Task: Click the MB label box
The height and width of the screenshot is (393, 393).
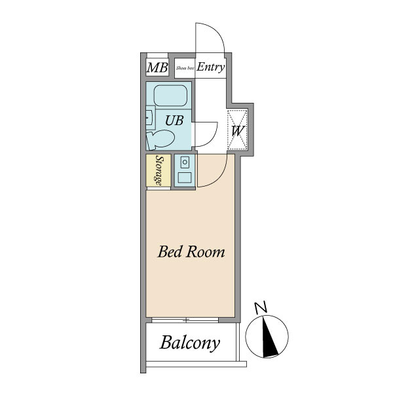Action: (157, 67)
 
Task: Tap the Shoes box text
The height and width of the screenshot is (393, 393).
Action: (185, 68)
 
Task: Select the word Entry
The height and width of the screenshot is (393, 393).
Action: (210, 67)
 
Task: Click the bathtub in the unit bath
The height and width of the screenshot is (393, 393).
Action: (170, 96)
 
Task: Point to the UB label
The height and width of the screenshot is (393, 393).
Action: (174, 121)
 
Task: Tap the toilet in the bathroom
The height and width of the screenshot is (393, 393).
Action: (160, 140)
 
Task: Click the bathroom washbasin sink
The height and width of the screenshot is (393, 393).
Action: (151, 117)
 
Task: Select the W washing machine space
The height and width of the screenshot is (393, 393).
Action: (237, 130)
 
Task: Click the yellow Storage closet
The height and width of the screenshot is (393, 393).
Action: (159, 170)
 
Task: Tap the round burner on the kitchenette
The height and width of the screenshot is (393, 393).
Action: (185, 162)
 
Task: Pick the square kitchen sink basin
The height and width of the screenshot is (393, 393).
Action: (185, 178)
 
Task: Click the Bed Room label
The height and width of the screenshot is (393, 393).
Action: (191, 252)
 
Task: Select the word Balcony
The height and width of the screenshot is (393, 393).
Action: (190, 343)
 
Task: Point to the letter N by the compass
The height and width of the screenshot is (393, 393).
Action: (261, 308)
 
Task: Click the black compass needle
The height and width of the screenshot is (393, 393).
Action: (269, 337)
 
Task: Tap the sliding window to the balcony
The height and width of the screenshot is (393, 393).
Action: (185, 320)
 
